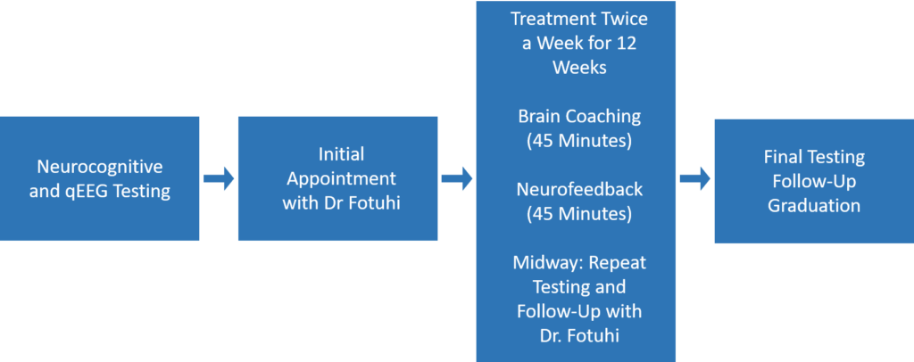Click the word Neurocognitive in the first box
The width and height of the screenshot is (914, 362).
point(99,167)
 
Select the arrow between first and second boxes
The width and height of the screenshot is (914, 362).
point(218,179)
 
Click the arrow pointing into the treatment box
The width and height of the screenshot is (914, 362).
point(456,179)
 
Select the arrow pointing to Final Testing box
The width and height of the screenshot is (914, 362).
point(694,179)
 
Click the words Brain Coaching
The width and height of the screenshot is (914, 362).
point(577,116)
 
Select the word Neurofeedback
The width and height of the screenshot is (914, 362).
point(577,189)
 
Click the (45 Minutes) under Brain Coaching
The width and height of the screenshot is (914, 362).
point(577,140)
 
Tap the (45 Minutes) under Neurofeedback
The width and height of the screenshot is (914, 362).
point(577,213)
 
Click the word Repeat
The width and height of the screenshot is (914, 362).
point(617,263)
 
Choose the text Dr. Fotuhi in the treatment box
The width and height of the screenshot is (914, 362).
point(577,336)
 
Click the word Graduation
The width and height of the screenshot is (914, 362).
point(813,205)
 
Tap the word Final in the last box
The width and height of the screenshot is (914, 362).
point(783,157)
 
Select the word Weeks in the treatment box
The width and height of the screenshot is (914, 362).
point(577,67)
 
